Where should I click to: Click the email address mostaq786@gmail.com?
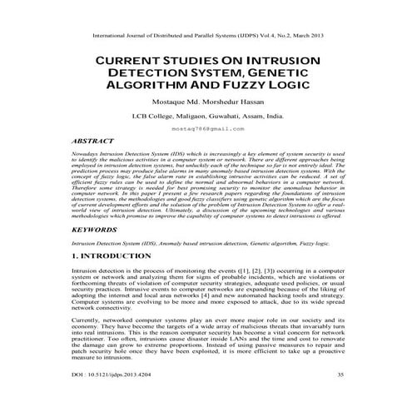pos(206,130)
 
